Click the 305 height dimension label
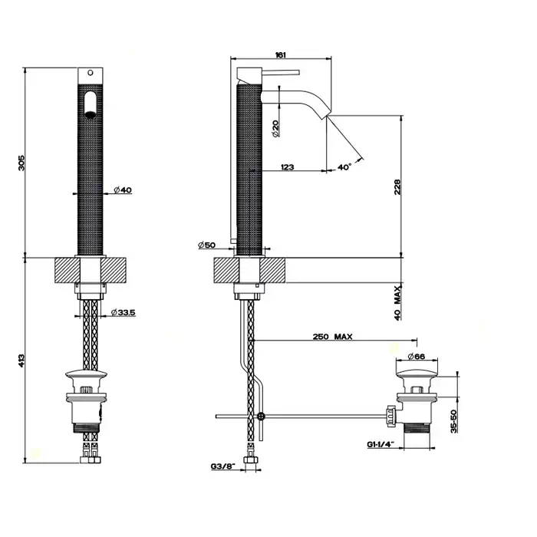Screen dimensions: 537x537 click(x=21, y=163)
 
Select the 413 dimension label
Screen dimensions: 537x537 click(x=21, y=361)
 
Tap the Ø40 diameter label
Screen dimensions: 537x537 click(x=123, y=190)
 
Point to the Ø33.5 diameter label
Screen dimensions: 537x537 click(x=124, y=312)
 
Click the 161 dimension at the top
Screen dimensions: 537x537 click(x=281, y=54)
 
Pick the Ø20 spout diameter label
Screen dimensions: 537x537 click(x=275, y=129)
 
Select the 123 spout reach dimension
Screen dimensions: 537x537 click(x=287, y=166)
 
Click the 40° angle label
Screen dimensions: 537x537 click(x=344, y=166)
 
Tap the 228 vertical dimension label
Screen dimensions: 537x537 click(x=397, y=187)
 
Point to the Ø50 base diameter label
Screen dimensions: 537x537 click(x=206, y=245)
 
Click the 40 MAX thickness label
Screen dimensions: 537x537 click(x=397, y=304)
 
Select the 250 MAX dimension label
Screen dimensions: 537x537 click(x=332, y=337)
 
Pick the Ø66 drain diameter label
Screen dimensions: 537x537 click(x=416, y=357)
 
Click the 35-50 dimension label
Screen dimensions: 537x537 click(x=454, y=421)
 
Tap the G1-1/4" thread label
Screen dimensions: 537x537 click(x=381, y=444)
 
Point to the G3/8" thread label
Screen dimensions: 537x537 click(x=223, y=466)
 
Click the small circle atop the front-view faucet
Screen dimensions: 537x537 click(x=91, y=73)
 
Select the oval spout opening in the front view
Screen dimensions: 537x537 click(x=91, y=105)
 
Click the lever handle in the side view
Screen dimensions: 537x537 click(x=281, y=72)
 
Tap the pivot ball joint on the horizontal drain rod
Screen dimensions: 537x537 click(x=261, y=417)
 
